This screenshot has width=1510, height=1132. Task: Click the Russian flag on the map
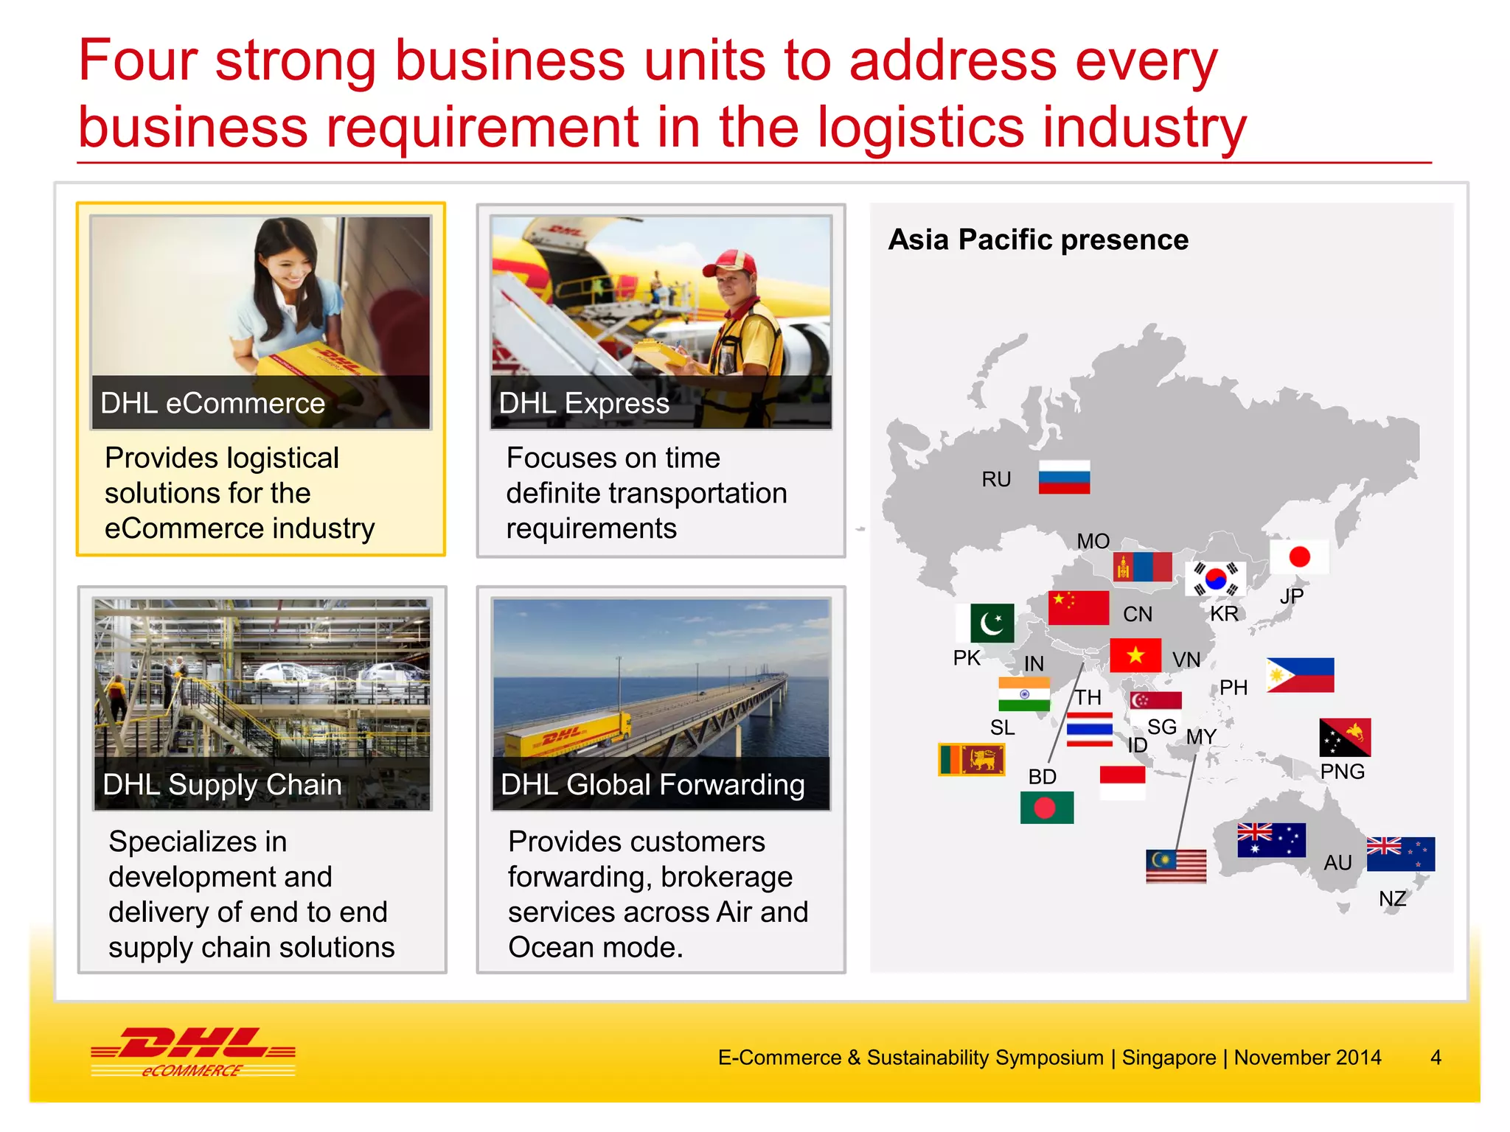tap(1064, 477)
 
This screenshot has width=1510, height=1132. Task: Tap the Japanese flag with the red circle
tap(1299, 557)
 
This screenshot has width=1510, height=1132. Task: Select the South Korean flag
tap(1216, 579)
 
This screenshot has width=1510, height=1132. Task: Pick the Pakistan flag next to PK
tap(985, 623)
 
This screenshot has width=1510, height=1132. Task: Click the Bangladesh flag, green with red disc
tap(1046, 808)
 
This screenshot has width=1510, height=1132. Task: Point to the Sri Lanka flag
tap(971, 759)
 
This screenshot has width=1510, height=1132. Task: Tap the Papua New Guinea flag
tap(1345, 737)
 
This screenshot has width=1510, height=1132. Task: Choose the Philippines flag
tap(1300, 675)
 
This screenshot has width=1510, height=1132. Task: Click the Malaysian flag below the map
tap(1176, 866)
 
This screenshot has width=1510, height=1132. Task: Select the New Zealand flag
tap(1400, 854)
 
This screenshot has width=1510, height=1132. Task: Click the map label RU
tap(996, 480)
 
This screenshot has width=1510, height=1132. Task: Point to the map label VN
tap(1186, 660)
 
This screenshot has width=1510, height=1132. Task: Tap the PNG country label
tap(1342, 772)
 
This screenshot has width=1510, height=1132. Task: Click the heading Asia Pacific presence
tap(1038, 240)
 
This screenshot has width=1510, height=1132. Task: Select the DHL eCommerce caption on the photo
tap(212, 403)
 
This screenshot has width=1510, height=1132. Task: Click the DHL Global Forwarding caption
tap(653, 785)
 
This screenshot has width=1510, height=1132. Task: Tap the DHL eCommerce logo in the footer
tap(193, 1052)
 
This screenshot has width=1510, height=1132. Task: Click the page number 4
tap(1436, 1058)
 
